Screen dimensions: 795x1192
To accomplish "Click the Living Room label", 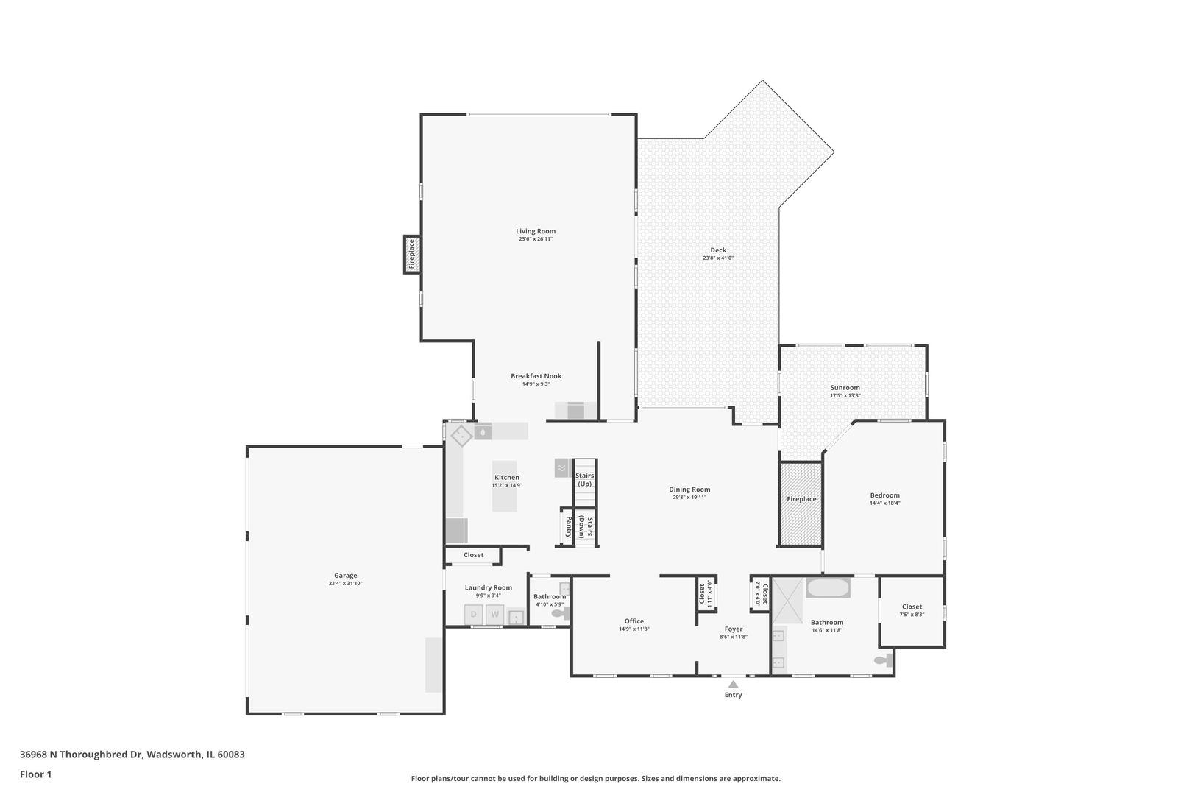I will pyautogui.click(x=536, y=231).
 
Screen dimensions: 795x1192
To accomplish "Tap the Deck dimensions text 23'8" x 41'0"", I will pyautogui.click(x=717, y=258).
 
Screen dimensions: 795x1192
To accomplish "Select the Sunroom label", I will pyautogui.click(x=845, y=387).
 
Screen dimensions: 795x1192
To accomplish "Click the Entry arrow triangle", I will pyautogui.click(x=733, y=685).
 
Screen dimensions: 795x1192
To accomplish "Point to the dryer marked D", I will pyautogui.click(x=474, y=614).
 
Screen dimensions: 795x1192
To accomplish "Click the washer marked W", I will pyautogui.click(x=494, y=614).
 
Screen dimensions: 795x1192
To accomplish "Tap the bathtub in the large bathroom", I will pyautogui.click(x=829, y=589).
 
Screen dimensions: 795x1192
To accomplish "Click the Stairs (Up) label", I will pyautogui.click(x=584, y=480).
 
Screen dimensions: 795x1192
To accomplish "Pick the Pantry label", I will pyautogui.click(x=568, y=527).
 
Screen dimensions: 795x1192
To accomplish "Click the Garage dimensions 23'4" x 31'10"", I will pyautogui.click(x=345, y=584).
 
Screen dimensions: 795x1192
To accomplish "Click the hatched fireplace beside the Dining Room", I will pyautogui.click(x=801, y=504).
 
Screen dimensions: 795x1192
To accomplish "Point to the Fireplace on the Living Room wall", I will pyautogui.click(x=412, y=254).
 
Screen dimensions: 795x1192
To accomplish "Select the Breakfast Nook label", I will pyautogui.click(x=536, y=376).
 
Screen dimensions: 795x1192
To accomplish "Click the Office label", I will pyautogui.click(x=634, y=621).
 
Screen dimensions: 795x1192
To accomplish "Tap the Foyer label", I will pyautogui.click(x=733, y=629).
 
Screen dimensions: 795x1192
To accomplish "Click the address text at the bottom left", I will pyautogui.click(x=132, y=755).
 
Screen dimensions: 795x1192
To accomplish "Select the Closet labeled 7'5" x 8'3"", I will pyautogui.click(x=912, y=607).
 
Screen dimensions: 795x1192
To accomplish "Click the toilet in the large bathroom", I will pyautogui.click(x=882, y=660).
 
